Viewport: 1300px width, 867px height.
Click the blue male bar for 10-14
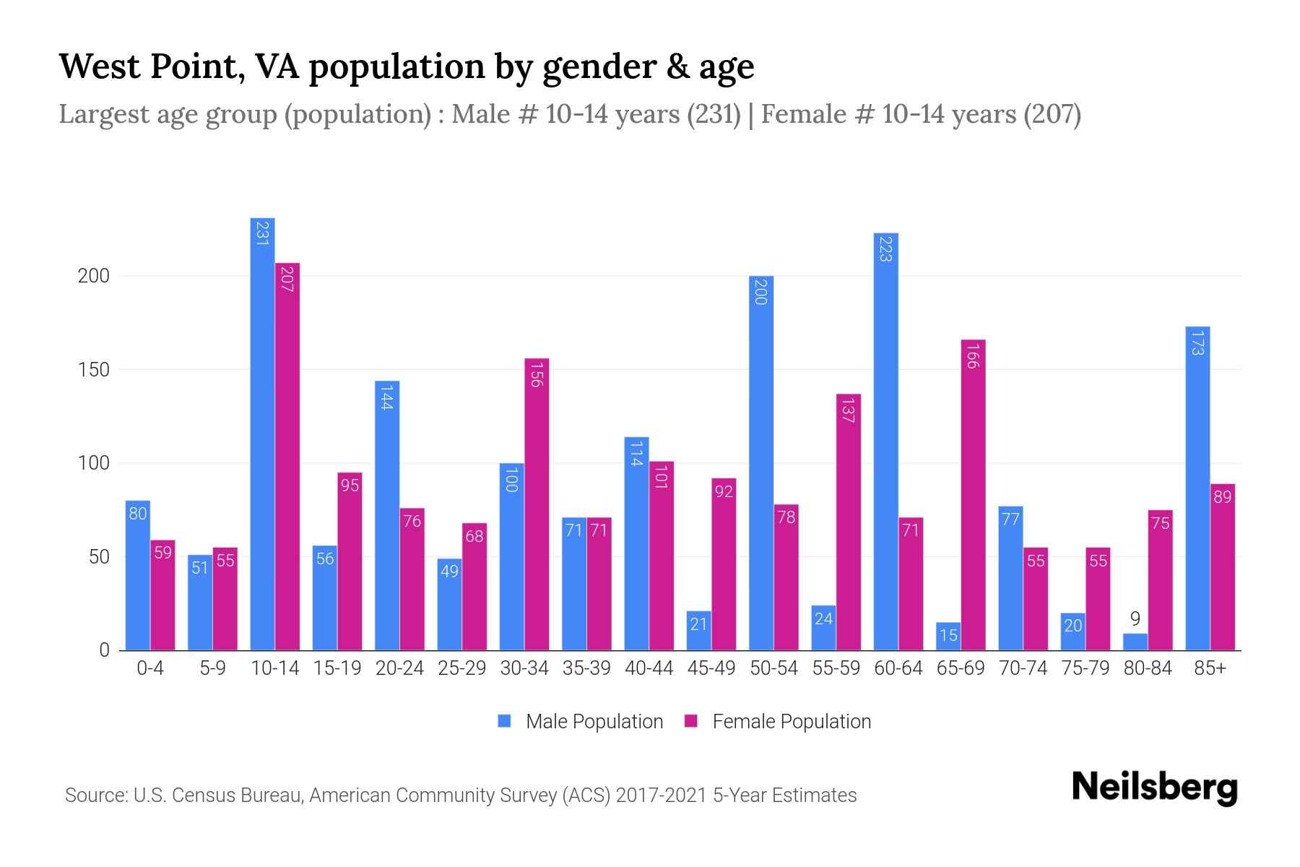pos(262,433)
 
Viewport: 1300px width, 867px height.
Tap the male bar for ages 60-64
pos(885,441)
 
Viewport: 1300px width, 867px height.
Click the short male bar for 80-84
pos(1135,642)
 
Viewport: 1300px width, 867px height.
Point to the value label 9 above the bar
pos(1135,619)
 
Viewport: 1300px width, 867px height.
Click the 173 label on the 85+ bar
pos(1197,342)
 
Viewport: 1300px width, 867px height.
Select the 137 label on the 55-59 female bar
pos(848,410)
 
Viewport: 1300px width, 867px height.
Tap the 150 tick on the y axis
pos(93,370)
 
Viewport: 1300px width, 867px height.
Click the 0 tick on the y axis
pos(104,650)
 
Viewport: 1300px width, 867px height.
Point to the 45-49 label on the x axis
pos(711,669)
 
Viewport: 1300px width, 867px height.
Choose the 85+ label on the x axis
pos(1210,669)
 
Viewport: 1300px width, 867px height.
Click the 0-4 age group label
pos(150,669)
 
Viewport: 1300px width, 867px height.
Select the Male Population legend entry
pos(594,722)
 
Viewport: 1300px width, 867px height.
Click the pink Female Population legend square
pos(691,721)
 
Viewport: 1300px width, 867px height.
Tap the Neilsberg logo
pos(1154,788)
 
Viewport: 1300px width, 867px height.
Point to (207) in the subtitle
pos(1052,115)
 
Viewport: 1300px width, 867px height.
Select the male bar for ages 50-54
pos(760,462)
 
